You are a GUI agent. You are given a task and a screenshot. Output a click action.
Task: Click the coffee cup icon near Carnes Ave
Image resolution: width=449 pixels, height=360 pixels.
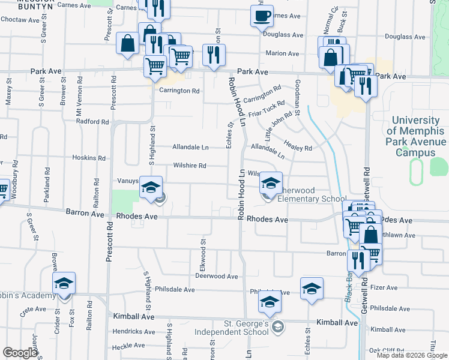tap(262, 16)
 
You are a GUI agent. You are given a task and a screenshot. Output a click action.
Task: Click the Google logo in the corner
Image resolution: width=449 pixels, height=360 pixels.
tap(20, 353)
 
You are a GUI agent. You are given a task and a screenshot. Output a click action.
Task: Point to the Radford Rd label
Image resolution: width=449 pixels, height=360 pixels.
tap(92, 121)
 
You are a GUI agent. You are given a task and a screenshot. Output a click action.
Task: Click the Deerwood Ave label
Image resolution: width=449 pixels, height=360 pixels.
tap(217, 277)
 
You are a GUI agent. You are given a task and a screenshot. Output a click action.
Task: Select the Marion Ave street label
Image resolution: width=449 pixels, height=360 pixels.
tap(282, 53)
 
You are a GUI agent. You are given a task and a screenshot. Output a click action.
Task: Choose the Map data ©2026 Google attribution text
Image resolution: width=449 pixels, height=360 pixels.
tap(412, 355)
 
